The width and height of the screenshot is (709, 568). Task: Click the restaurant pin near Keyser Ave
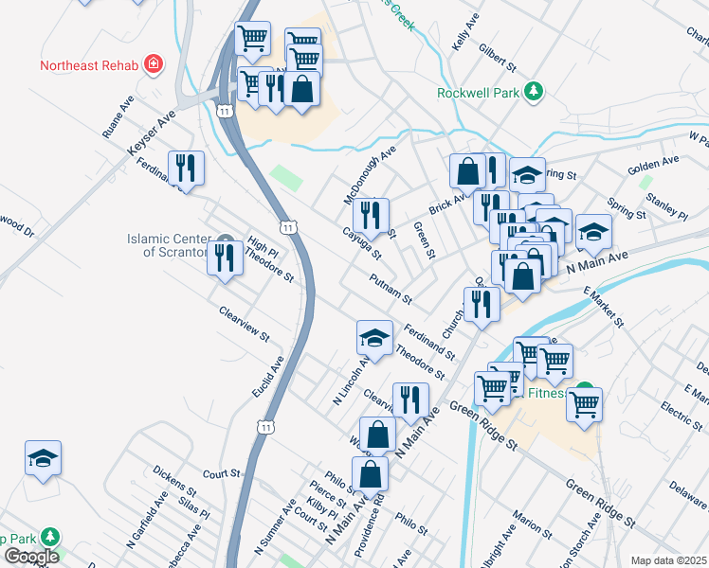185,169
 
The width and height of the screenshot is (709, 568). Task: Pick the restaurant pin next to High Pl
225,257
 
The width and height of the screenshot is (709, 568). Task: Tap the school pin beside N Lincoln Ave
374,338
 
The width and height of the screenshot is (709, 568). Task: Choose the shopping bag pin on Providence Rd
370,472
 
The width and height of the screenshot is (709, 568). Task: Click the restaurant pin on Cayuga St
371,215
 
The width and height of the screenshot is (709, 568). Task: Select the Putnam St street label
391,288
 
